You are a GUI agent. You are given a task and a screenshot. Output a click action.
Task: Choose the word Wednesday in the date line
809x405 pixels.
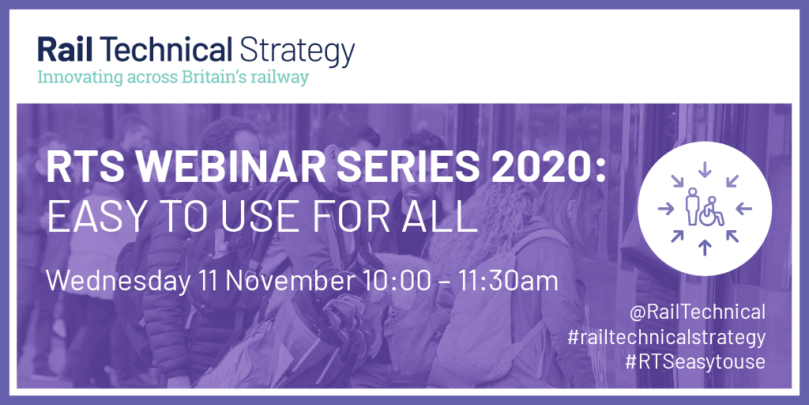point(119,281)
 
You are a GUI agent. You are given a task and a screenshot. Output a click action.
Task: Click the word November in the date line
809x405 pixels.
point(290,281)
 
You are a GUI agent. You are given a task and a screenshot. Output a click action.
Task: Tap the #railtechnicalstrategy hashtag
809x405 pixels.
point(666,337)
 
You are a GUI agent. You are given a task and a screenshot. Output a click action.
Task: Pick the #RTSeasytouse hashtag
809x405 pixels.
point(695,361)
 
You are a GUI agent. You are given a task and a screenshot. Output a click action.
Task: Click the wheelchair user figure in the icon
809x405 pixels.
point(712,211)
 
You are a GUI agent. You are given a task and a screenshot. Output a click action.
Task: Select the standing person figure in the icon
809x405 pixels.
point(692,206)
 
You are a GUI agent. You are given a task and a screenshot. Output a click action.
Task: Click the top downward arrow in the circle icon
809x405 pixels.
point(704,169)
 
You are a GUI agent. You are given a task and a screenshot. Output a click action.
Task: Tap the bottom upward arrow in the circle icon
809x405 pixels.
point(704,248)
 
